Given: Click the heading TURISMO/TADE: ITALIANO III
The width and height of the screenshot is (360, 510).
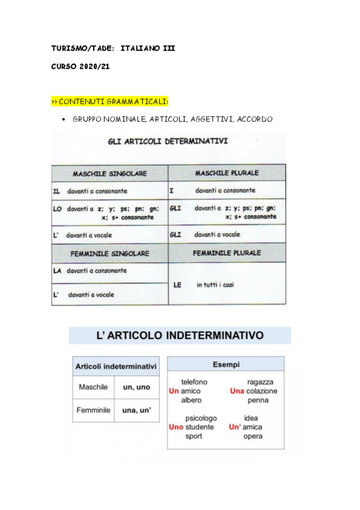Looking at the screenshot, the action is click(x=113, y=48).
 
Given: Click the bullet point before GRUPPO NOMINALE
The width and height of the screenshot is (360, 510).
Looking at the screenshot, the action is click(x=64, y=120).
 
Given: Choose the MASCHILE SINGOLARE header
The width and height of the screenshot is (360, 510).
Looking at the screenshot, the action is click(x=109, y=174).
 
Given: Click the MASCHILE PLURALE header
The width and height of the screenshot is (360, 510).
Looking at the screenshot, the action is click(x=227, y=173).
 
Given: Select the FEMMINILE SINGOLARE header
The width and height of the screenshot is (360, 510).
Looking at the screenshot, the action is click(x=109, y=254).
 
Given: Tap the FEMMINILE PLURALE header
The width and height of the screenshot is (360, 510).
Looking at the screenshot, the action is click(x=227, y=253).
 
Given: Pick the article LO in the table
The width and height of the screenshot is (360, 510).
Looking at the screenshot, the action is click(x=58, y=209).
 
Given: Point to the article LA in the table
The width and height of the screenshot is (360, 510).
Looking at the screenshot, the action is click(x=57, y=271).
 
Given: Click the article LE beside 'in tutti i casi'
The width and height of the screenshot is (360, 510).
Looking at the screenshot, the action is click(x=177, y=285).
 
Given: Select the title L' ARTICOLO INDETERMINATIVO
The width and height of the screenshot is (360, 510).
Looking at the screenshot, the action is click(x=180, y=335).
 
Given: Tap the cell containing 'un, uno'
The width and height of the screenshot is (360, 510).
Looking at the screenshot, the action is click(x=136, y=387).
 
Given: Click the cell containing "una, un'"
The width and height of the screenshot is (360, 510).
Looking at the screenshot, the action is click(x=136, y=410).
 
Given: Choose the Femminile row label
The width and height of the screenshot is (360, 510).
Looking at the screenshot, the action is click(x=93, y=410).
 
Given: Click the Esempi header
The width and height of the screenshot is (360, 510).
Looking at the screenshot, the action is click(x=225, y=364).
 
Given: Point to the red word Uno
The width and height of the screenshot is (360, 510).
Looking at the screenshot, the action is click(x=176, y=427).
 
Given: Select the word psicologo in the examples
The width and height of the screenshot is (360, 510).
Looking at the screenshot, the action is click(x=201, y=418).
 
